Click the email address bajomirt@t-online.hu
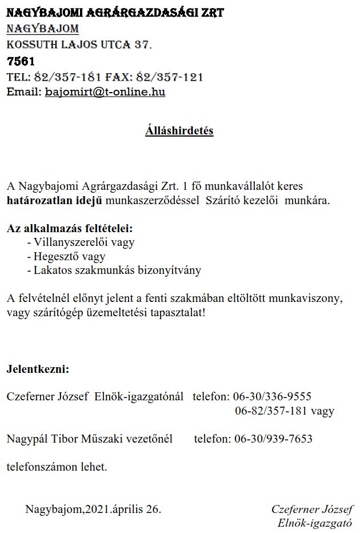coord(105,92)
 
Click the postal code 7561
coord(21,61)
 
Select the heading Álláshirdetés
coord(179,130)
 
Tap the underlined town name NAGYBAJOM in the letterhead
coord(43,29)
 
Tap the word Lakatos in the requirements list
coord(50,271)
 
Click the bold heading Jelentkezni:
coord(38,369)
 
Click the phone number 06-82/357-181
coord(270,411)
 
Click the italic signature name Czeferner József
coord(311,509)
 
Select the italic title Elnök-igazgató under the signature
coord(314,523)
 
